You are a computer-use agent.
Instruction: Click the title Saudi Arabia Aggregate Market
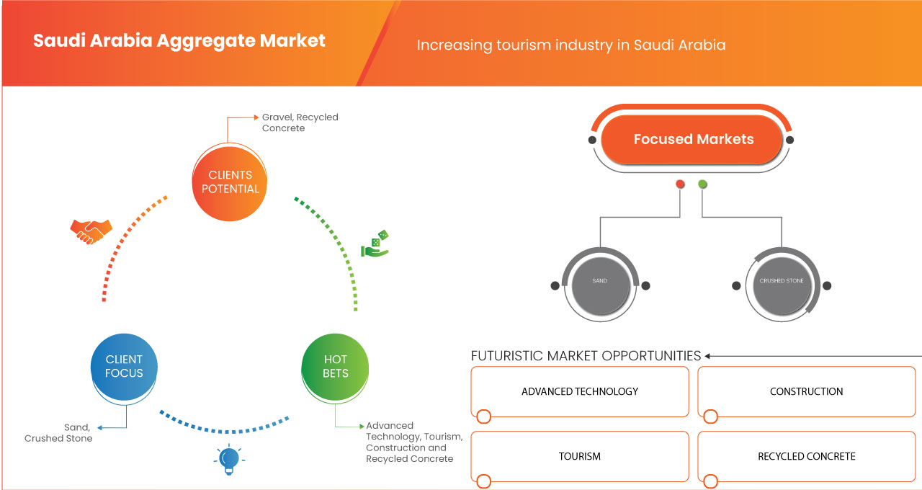point(179,40)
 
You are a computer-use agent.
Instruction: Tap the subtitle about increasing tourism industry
point(571,45)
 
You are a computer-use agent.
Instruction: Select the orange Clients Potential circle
point(230,182)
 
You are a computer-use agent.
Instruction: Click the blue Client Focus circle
point(124,366)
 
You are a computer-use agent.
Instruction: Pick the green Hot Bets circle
point(335,366)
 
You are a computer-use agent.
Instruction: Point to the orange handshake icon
point(91,231)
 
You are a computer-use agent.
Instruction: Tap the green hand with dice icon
point(375,244)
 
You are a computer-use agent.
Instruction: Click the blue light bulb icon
point(228,459)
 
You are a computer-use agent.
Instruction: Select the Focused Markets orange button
point(693,139)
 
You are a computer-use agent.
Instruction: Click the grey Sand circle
point(599,281)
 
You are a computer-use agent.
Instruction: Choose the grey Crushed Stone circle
point(782,281)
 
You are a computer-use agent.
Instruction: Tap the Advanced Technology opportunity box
point(580,391)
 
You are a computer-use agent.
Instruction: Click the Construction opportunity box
point(806,391)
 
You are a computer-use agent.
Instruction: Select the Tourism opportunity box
point(580,456)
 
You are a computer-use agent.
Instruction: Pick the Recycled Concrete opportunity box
point(806,456)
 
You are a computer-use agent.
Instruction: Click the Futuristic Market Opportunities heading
point(586,356)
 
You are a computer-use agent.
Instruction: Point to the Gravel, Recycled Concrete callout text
point(300,122)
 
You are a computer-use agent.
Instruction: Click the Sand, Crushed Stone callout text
point(58,432)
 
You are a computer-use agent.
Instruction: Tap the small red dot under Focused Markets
point(680,184)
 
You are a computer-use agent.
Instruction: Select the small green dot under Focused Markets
point(702,184)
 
